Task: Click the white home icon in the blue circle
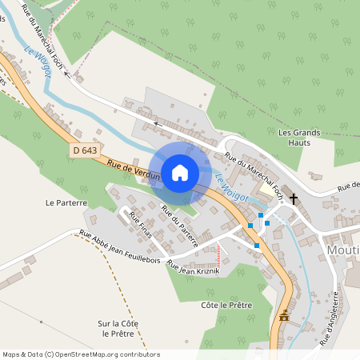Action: coord(179,172)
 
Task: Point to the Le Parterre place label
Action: coord(66,203)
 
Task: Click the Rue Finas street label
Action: coord(141,226)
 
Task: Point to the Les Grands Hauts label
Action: coord(298,137)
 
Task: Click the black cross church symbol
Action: coord(294,198)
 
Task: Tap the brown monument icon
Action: coord(283,317)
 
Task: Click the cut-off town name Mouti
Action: coord(343,251)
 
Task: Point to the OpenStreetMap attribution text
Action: coord(81,354)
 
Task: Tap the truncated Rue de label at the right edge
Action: coord(348,186)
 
